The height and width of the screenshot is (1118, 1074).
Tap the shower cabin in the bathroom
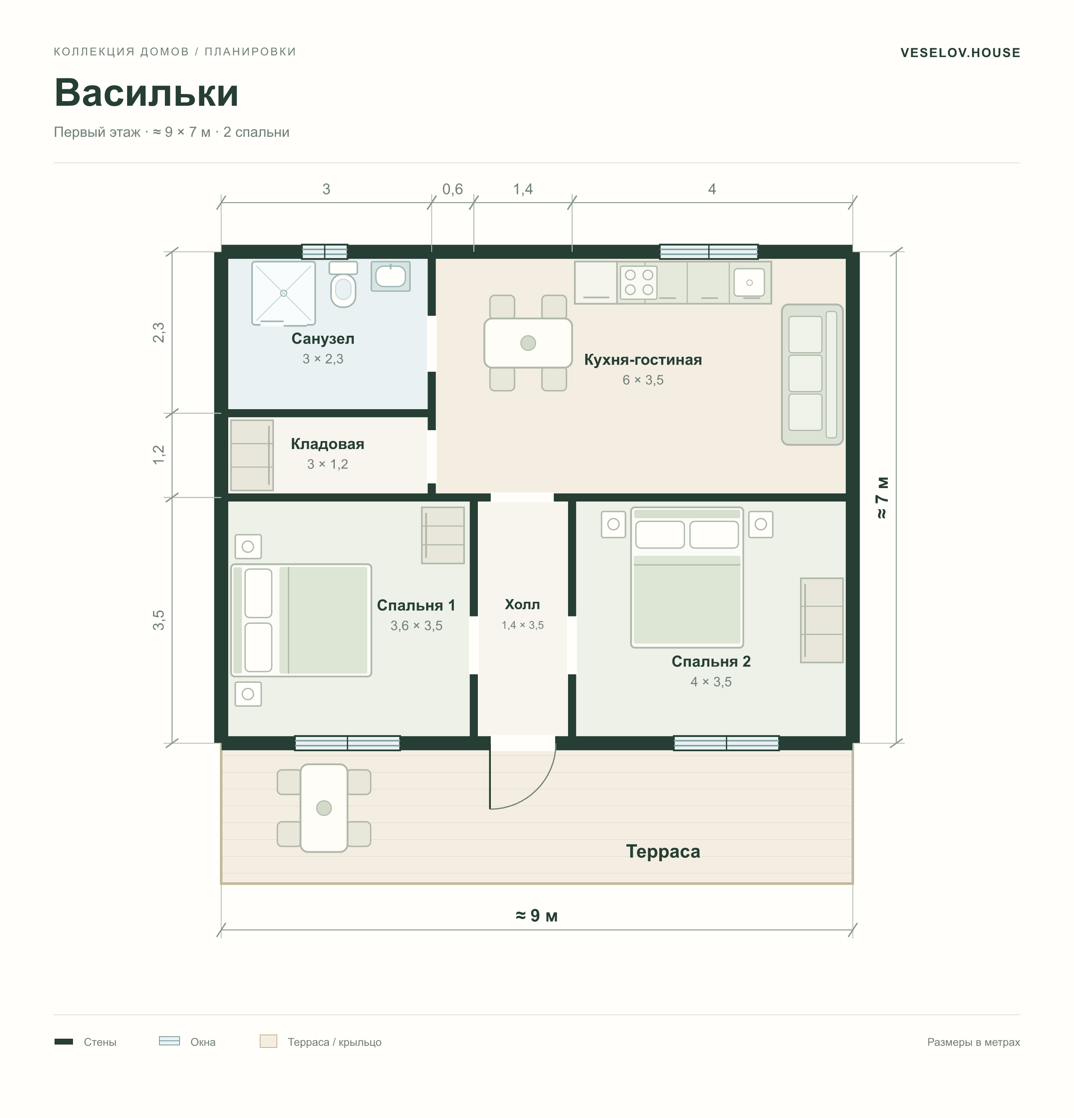pos(284,293)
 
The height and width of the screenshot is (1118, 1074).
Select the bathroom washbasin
pos(391,276)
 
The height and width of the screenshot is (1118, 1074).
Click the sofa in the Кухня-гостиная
pos(812,374)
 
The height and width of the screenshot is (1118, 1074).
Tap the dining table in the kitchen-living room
pos(528,343)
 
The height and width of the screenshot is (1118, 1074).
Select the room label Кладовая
pos(327,444)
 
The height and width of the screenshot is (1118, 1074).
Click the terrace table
pos(324,808)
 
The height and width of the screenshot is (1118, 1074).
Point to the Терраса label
pos(663,851)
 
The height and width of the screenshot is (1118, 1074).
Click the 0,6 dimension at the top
pos(452,189)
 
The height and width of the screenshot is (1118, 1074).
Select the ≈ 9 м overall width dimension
pos(536,915)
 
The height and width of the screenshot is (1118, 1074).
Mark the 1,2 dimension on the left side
pos(159,455)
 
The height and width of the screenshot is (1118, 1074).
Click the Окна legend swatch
pos(169,1041)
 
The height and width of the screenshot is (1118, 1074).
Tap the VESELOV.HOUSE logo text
pos(960,52)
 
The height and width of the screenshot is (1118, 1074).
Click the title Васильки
pos(146,92)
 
